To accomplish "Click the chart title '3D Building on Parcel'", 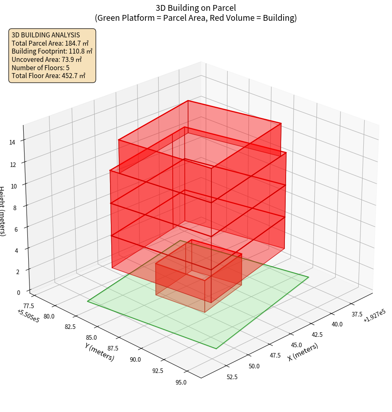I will pyautogui.click(x=196, y=7).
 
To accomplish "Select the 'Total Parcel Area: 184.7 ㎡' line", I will pyautogui.click(x=50, y=43).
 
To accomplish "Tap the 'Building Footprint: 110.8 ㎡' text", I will pyautogui.click(x=52, y=51).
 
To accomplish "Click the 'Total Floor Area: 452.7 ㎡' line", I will pyautogui.click(x=49, y=76).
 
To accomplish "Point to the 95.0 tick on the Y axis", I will pyautogui.click(x=181, y=383).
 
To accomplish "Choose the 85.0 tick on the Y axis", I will pyautogui.click(x=91, y=338).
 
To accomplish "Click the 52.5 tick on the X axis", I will pyautogui.click(x=232, y=377).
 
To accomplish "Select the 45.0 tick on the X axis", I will pyautogui.click(x=296, y=345).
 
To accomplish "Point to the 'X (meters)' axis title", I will pyautogui.click(x=303, y=352).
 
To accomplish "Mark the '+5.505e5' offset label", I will pyautogui.click(x=28, y=316).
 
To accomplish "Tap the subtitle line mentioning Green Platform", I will pyautogui.click(x=196, y=18).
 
